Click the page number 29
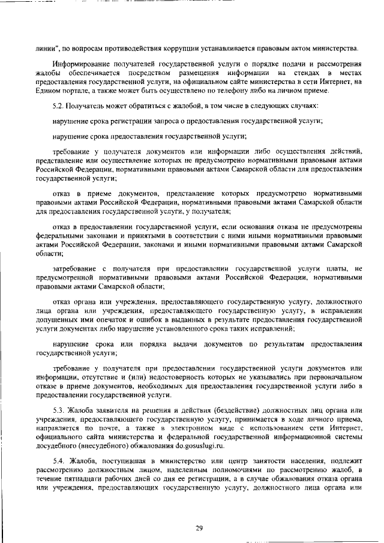(x=200, y=511)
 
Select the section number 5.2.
(x=59, y=106)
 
